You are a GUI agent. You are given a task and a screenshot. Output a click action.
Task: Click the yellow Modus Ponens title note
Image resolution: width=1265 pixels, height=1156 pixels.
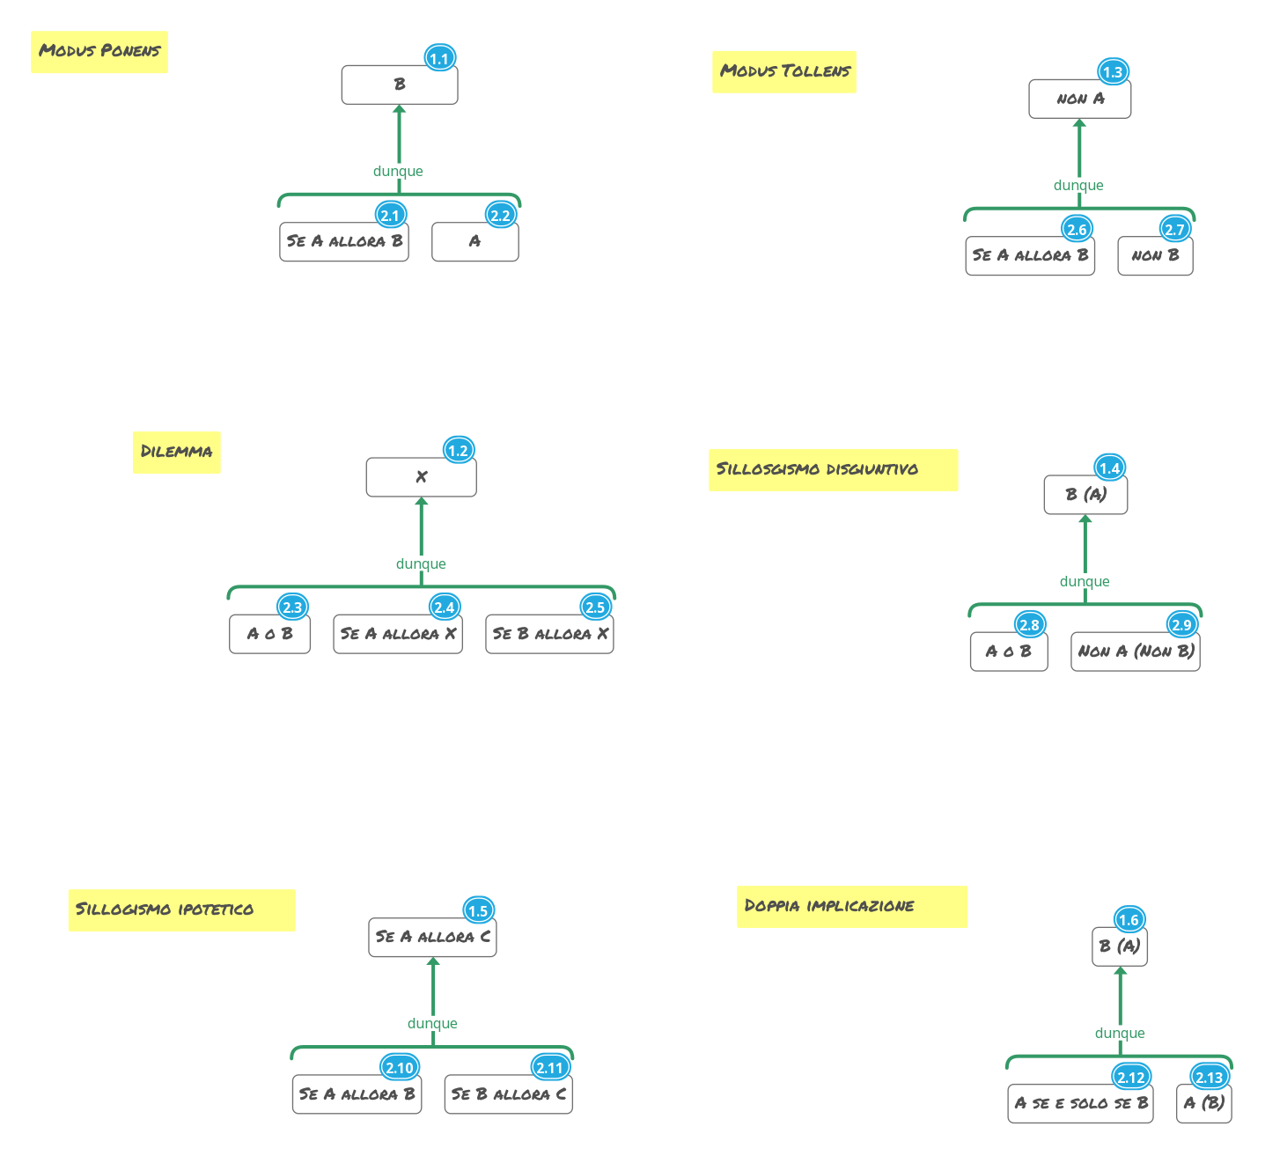pos(99,52)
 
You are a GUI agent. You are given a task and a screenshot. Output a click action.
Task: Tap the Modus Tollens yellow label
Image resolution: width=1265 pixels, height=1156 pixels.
pos(784,71)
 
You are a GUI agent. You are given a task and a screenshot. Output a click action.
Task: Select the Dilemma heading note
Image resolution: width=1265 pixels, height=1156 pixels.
pos(176,452)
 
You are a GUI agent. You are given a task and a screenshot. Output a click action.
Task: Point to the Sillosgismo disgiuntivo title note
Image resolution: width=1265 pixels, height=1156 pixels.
pos(833,469)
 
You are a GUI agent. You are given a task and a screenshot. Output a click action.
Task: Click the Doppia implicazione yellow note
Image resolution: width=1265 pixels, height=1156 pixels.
pos(851,906)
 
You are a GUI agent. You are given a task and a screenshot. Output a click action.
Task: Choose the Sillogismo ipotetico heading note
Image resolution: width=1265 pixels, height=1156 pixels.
pos(181,909)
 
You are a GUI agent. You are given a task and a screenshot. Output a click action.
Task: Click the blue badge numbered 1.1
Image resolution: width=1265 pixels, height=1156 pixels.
pos(438,59)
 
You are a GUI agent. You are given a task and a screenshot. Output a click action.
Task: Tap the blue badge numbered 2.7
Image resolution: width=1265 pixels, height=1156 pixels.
pos(1174,230)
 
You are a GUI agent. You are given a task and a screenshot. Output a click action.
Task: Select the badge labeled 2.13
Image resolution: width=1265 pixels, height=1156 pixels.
pos(1209,1078)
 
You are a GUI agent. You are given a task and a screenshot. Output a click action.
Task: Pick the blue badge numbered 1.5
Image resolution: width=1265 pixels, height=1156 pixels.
pos(477,911)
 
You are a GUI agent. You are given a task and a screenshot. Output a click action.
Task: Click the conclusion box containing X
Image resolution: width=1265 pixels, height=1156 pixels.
pos(421,477)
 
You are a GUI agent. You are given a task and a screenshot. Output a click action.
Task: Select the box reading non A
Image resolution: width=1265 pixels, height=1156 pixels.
pos(1079,99)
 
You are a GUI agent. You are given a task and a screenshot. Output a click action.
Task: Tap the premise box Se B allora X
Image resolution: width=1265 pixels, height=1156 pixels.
pos(549,634)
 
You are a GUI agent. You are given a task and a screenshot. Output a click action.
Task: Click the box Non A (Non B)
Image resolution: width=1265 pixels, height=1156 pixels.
pos(1135,652)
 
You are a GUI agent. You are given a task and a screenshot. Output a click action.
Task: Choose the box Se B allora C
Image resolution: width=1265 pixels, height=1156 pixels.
pos(508,1094)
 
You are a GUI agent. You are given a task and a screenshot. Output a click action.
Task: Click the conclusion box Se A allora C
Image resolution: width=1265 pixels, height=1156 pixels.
pos(432,937)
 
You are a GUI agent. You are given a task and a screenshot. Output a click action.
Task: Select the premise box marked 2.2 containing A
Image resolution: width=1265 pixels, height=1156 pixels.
pos(474,242)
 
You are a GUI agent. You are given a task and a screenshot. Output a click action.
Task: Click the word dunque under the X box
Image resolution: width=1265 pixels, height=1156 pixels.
pos(421,564)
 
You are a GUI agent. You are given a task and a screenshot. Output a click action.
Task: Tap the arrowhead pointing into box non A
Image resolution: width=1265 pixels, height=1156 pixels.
pos(1079,123)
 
